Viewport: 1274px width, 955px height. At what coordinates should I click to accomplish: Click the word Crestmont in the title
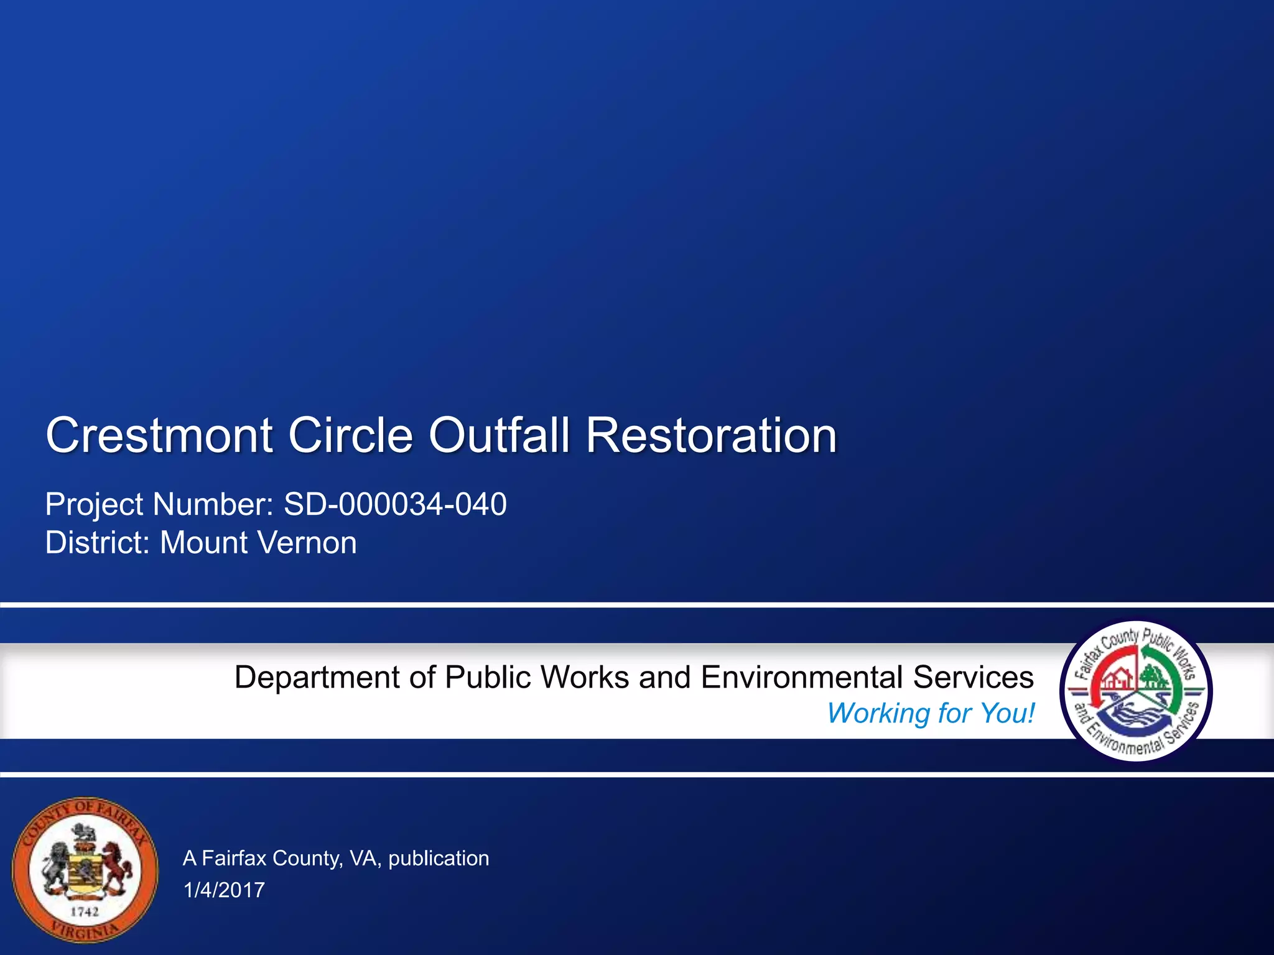point(159,435)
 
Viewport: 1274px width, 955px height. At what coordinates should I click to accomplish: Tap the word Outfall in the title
point(498,435)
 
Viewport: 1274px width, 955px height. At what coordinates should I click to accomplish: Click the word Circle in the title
point(350,435)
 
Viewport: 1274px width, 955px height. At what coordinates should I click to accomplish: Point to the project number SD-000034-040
point(395,504)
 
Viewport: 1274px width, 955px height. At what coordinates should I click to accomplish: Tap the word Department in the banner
point(317,677)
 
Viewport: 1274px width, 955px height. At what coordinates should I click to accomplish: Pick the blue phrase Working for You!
point(931,713)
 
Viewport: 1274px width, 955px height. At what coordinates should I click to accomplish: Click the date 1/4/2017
point(224,890)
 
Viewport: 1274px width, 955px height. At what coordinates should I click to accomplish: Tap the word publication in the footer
point(439,858)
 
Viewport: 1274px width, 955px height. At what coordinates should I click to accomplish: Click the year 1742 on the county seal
point(85,911)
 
